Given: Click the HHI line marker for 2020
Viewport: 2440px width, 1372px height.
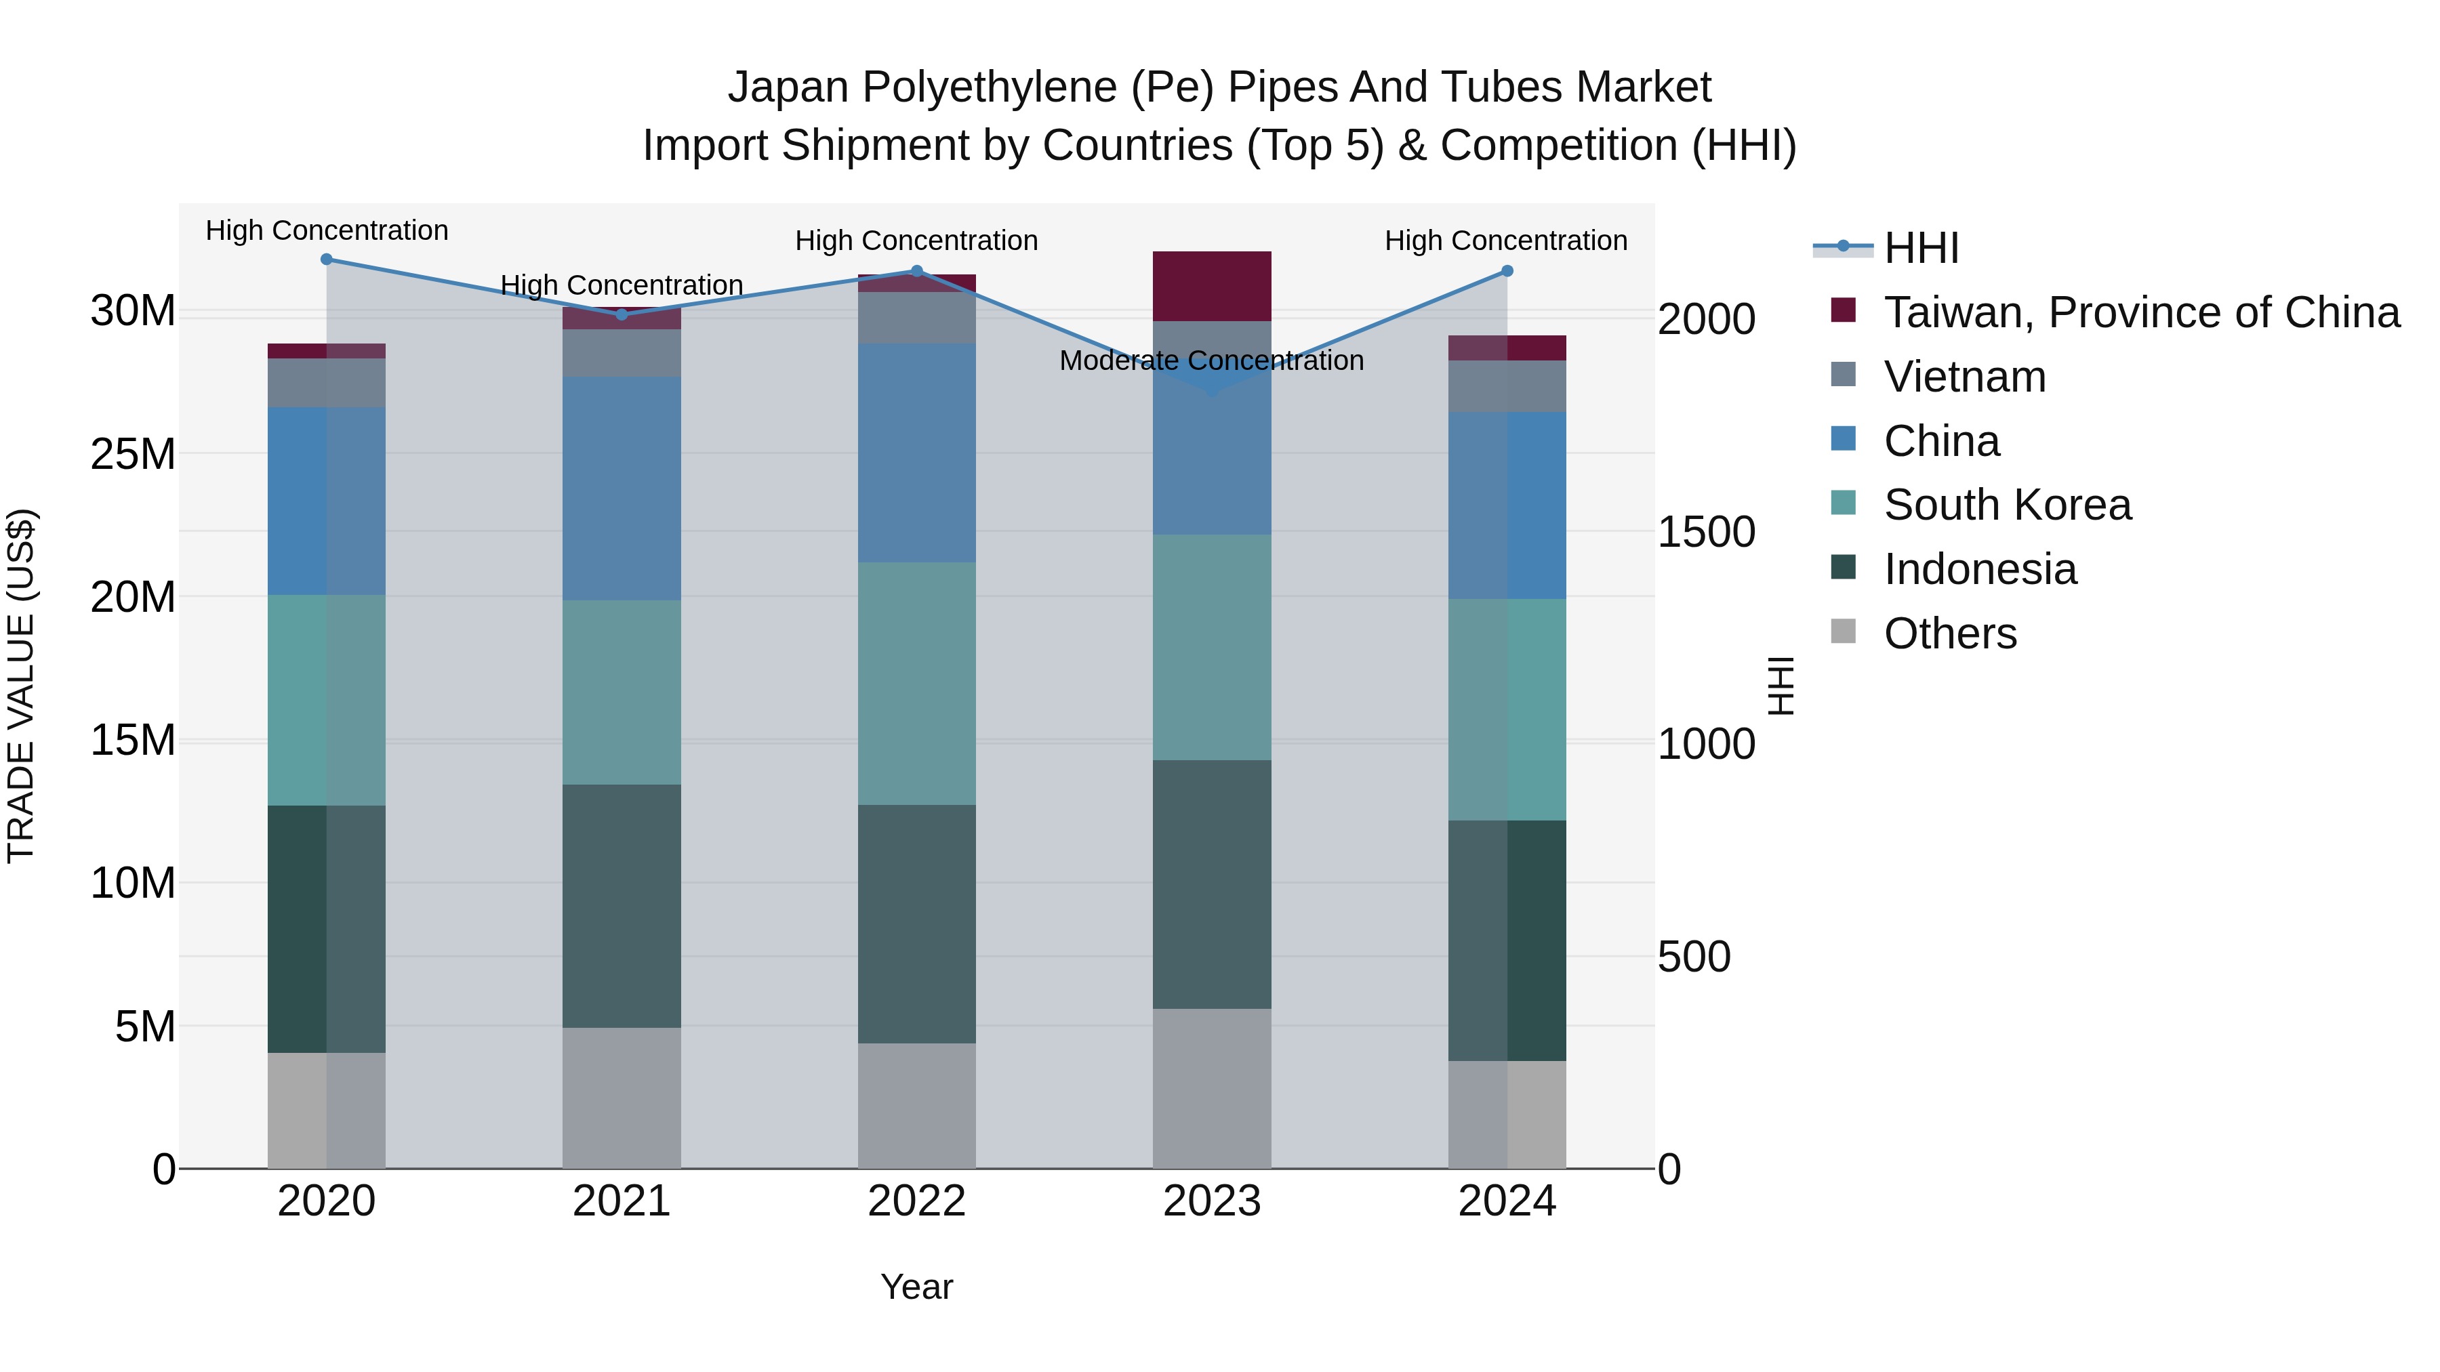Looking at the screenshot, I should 327,259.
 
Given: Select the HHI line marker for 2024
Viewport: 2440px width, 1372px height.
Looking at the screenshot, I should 1507,272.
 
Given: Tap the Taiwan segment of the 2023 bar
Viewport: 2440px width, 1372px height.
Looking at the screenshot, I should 1211,286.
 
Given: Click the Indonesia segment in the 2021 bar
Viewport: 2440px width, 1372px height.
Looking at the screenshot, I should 622,906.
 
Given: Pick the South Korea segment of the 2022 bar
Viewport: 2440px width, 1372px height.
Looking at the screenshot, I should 916,684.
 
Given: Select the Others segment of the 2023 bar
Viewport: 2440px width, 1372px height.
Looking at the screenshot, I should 1211,1088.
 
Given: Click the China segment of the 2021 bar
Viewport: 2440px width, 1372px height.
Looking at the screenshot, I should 622,488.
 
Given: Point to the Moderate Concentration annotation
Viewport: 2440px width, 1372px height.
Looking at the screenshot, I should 1211,360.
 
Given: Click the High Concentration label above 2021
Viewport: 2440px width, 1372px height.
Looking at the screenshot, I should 622,285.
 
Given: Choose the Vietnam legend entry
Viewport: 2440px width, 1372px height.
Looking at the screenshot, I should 1964,377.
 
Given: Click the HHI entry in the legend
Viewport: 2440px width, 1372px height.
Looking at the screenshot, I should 1921,248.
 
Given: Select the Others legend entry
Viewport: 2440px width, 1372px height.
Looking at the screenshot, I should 1949,633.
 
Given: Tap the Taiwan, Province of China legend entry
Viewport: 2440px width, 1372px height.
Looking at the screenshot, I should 2140,312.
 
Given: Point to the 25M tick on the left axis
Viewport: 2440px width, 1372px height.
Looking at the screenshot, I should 133,455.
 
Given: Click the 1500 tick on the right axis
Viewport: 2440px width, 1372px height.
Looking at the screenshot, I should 1706,532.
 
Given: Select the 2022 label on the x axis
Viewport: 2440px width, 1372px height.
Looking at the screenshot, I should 916,1201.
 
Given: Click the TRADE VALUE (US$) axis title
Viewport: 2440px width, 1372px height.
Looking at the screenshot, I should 21,686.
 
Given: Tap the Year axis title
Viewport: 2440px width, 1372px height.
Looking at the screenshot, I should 916,1287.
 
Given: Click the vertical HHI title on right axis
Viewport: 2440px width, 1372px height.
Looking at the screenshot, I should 1781,686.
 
